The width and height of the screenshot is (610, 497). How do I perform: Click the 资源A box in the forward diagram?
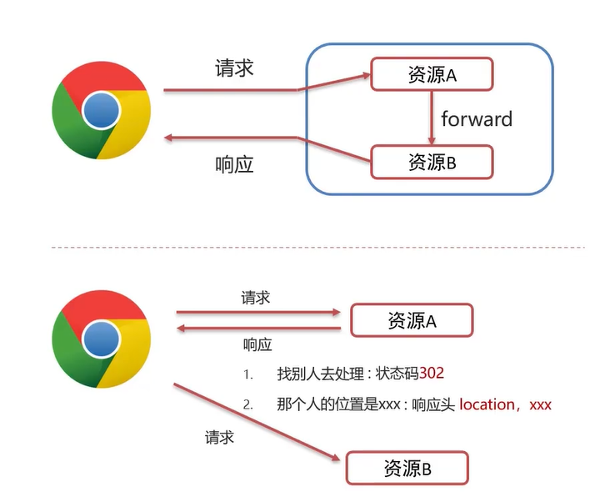tap(432, 75)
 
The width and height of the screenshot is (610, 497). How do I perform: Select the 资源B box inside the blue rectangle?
tap(432, 162)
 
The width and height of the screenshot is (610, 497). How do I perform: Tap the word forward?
tap(477, 118)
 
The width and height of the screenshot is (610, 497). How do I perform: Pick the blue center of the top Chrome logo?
tap(99, 110)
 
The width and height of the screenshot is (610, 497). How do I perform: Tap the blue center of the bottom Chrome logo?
tap(99, 340)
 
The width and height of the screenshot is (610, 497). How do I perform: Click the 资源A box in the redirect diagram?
tap(412, 320)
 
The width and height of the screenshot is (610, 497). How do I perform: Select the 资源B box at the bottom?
tap(407, 469)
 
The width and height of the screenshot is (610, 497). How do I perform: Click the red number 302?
tap(432, 373)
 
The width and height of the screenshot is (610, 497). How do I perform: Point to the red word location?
tap(487, 404)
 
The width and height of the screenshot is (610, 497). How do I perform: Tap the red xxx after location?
tap(541, 404)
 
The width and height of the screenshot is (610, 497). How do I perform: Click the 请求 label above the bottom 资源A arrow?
tap(255, 298)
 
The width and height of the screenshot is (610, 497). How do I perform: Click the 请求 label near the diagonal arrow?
tap(219, 437)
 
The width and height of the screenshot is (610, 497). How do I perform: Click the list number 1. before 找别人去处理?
tap(247, 374)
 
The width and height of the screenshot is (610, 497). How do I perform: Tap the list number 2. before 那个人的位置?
tap(247, 405)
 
